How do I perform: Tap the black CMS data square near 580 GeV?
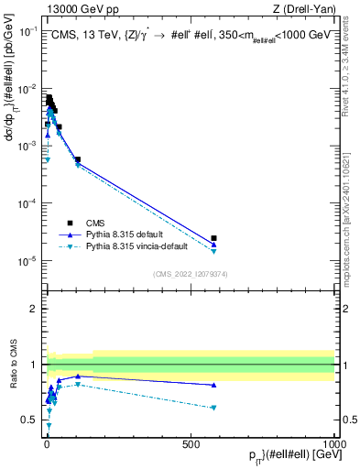(x=213, y=238)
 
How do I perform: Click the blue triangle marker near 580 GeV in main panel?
(x=213, y=244)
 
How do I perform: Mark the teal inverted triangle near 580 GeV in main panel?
(x=213, y=251)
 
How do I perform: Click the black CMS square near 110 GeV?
(x=78, y=159)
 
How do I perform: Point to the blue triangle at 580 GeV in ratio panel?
(x=213, y=385)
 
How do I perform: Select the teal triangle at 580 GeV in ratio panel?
(x=213, y=408)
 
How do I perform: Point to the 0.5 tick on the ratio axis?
(x=32, y=420)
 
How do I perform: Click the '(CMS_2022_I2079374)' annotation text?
(x=191, y=274)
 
